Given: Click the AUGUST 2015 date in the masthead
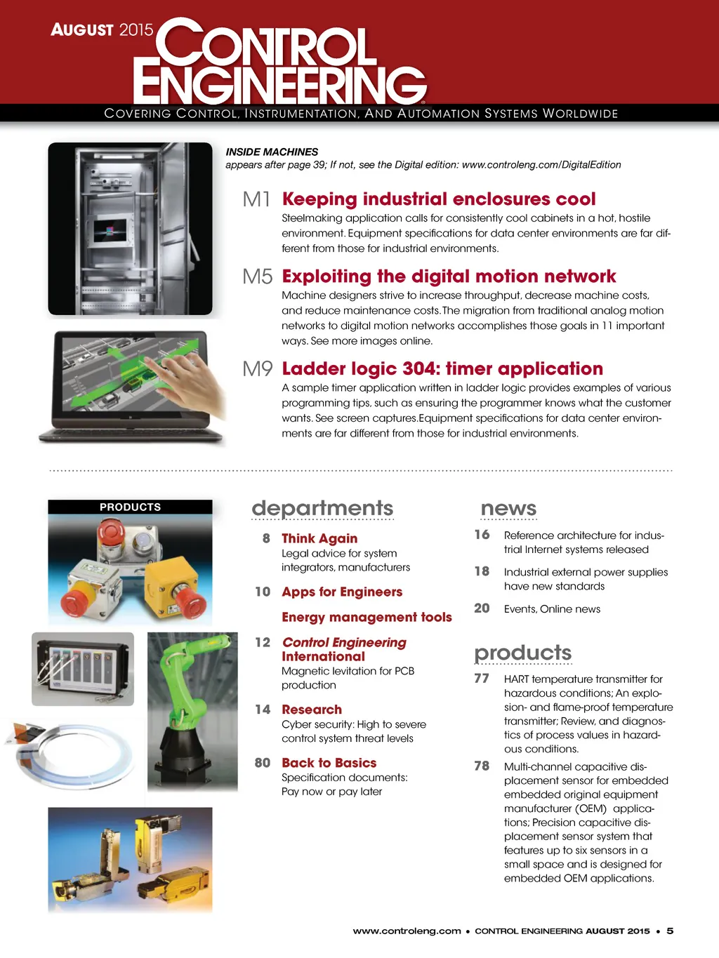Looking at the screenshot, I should [x=102, y=29].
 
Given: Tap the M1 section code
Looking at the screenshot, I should [x=256, y=199].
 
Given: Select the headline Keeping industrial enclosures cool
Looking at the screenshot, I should [x=439, y=199].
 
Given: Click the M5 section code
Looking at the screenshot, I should [x=257, y=277].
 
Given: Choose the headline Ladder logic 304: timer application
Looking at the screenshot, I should [x=442, y=369].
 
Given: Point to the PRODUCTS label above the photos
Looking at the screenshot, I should [x=130, y=507].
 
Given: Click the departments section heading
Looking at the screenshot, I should [x=322, y=508].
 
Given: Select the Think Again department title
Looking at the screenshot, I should [x=319, y=538].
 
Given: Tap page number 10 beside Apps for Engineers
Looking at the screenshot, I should [x=263, y=592].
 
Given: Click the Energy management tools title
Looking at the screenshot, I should [x=367, y=617].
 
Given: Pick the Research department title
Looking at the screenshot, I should [x=312, y=710].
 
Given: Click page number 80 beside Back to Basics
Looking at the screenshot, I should [x=263, y=763].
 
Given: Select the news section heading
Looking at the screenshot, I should [x=508, y=508].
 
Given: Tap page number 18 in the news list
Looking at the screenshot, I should [x=482, y=571].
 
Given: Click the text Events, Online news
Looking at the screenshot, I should [x=552, y=609].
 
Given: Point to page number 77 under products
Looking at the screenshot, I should [x=482, y=678].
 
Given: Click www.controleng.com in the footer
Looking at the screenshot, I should [x=407, y=931].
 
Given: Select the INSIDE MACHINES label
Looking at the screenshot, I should [x=272, y=152].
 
